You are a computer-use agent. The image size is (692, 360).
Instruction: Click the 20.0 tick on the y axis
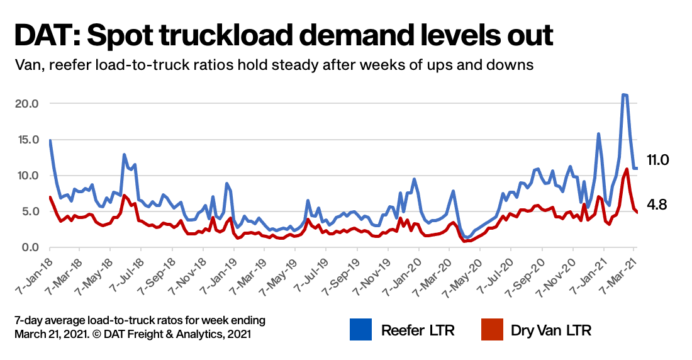coord(27,103)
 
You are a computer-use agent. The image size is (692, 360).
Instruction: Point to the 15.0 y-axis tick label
coord(27,139)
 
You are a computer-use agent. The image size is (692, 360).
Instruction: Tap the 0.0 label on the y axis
coord(30,247)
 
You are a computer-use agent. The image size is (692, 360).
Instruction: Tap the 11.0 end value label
coord(658,160)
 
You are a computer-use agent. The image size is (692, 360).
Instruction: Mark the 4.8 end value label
coord(657,205)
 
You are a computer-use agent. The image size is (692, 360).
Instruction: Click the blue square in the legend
coord(361,330)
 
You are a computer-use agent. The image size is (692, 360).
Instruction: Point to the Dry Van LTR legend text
coord(551,330)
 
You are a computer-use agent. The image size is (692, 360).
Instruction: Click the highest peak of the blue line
coord(623,95)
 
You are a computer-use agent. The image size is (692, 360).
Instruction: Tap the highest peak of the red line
coord(627,169)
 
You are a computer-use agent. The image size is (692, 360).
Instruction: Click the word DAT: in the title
coord(45,35)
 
